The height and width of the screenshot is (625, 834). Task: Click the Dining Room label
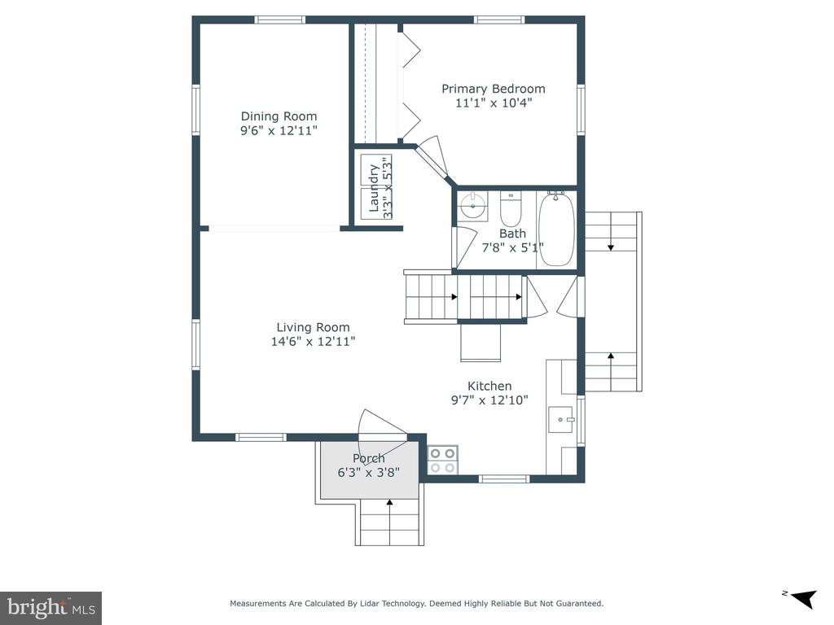click(x=279, y=116)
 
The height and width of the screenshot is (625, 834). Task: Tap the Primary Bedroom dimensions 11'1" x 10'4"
click(x=494, y=103)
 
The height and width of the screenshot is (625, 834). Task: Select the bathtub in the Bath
click(x=556, y=229)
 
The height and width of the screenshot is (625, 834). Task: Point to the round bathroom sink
click(x=473, y=205)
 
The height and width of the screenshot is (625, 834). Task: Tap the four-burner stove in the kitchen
click(x=442, y=460)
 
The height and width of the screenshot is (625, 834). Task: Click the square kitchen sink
click(x=561, y=420)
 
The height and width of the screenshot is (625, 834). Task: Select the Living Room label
click(x=313, y=327)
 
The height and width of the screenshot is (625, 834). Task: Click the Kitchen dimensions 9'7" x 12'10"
click(x=489, y=400)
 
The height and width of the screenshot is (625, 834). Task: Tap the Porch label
click(x=369, y=458)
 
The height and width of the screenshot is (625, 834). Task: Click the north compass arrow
click(x=803, y=599)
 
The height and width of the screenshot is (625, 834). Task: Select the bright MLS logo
click(x=50, y=608)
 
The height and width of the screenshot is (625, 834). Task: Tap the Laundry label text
click(x=373, y=188)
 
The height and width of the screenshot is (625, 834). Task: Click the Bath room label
click(x=512, y=234)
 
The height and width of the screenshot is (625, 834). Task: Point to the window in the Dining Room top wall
click(x=280, y=20)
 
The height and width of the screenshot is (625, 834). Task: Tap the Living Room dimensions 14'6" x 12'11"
click(x=313, y=341)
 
